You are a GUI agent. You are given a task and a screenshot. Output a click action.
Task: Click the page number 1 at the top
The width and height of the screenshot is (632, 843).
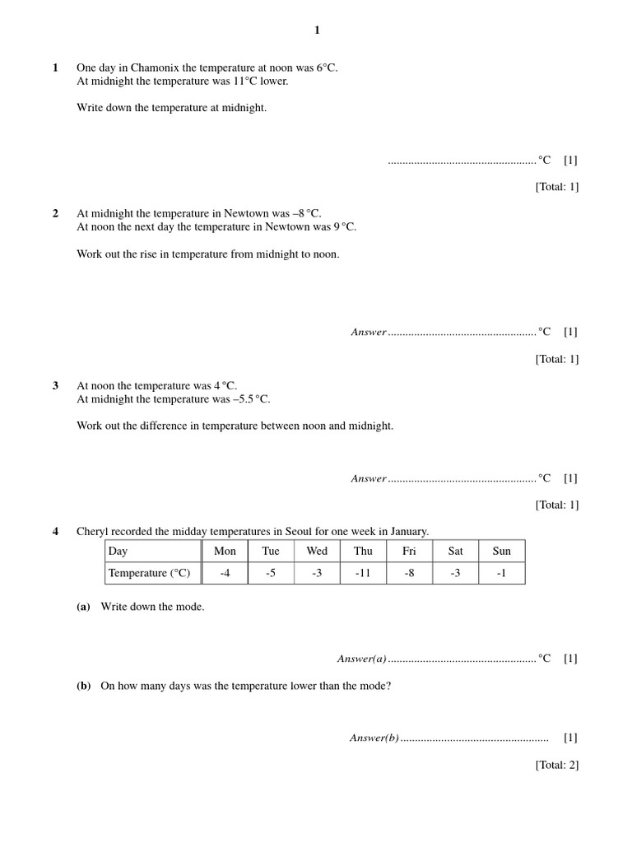pyautogui.click(x=317, y=30)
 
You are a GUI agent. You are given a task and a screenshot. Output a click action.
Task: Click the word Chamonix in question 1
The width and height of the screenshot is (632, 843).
pyautogui.click(x=152, y=68)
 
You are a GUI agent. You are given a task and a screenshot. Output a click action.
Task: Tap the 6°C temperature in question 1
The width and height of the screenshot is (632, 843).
pyautogui.click(x=324, y=68)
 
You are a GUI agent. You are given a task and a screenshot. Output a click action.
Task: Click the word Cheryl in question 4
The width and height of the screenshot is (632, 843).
pyautogui.click(x=94, y=531)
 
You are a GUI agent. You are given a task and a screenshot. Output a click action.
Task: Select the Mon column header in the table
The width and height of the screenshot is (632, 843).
pyautogui.click(x=225, y=551)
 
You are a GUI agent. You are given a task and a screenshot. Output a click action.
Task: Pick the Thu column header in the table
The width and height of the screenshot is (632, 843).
pyautogui.click(x=363, y=551)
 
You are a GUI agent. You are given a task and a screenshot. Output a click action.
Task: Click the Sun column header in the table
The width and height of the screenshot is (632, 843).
pyautogui.click(x=501, y=551)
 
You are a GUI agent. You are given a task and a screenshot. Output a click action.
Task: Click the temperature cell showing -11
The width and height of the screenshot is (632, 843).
pyautogui.click(x=363, y=573)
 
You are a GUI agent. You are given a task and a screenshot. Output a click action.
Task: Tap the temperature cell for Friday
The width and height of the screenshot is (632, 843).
pyautogui.click(x=409, y=573)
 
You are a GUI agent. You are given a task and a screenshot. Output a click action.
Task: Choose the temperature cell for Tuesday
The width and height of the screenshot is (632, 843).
pyautogui.click(x=271, y=573)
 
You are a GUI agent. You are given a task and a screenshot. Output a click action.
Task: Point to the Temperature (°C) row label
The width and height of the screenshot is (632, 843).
pyautogui.click(x=149, y=573)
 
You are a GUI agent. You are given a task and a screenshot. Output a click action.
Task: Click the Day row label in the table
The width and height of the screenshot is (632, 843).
pyautogui.click(x=118, y=551)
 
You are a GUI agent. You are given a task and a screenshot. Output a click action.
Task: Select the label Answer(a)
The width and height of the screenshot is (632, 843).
pyautogui.click(x=361, y=659)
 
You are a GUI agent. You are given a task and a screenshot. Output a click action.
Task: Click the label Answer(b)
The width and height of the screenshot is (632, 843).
pyautogui.click(x=374, y=738)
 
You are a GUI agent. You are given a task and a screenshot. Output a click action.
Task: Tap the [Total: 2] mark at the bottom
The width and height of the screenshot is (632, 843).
pyautogui.click(x=557, y=765)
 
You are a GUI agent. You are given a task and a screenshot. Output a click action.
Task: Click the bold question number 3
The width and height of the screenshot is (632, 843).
pyautogui.click(x=56, y=385)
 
